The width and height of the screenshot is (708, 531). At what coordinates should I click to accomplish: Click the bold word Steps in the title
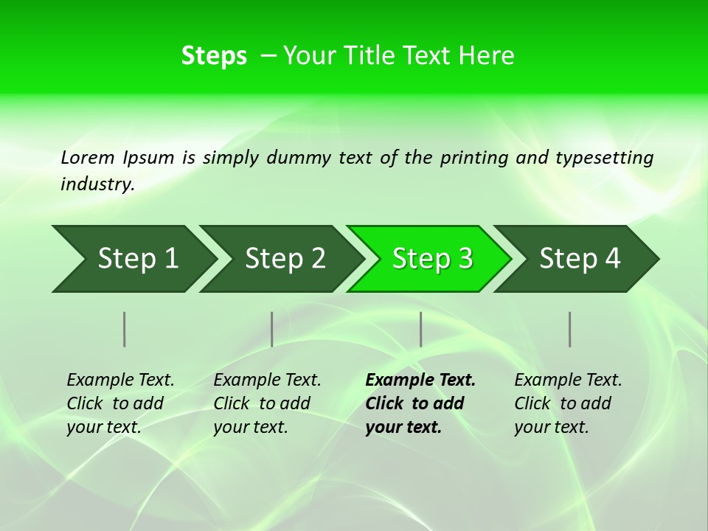(x=214, y=56)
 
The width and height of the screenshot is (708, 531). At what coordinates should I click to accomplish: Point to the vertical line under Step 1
(x=125, y=329)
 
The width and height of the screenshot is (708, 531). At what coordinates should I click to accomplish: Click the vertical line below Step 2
(x=272, y=329)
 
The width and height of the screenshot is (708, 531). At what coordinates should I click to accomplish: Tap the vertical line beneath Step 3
(x=421, y=329)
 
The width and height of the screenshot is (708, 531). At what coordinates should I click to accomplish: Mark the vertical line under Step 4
(x=570, y=329)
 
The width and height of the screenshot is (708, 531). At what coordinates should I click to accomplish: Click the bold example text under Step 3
(x=420, y=403)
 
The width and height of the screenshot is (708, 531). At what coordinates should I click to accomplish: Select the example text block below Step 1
(x=120, y=403)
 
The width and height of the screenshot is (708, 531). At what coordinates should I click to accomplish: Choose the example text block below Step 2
(x=267, y=403)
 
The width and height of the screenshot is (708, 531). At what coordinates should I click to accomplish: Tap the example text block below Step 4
(x=568, y=403)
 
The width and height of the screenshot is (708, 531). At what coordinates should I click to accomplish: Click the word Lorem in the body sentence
(x=88, y=157)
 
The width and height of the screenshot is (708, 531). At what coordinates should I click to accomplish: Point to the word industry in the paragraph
(x=97, y=184)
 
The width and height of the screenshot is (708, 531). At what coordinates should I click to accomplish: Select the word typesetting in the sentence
(x=604, y=158)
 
